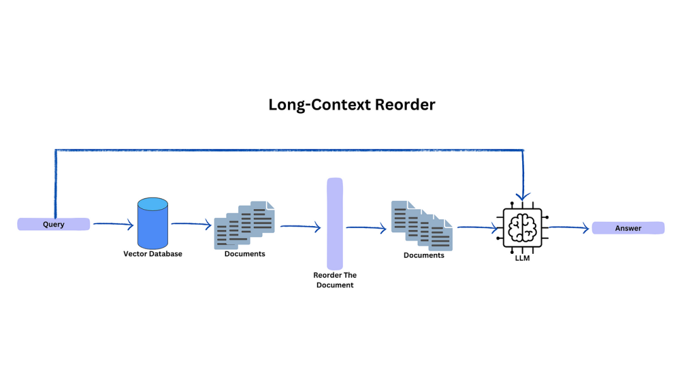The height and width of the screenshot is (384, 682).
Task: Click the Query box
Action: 54,224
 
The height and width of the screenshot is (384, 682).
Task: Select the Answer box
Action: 628,228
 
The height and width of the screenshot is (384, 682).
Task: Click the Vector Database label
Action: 153,254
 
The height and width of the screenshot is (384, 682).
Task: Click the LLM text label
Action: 522,258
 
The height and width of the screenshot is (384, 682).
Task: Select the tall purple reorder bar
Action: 335,224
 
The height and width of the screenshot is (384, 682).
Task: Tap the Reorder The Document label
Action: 335,280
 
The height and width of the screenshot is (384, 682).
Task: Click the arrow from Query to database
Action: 114,224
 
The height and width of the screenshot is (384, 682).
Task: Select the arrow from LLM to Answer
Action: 569,229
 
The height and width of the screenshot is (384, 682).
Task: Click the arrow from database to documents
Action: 191,224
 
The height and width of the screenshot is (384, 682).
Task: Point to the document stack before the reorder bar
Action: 244,225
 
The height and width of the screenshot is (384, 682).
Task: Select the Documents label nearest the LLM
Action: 424,255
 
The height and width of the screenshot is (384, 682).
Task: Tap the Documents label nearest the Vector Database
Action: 244,254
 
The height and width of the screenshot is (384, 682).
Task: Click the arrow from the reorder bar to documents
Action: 366,229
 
